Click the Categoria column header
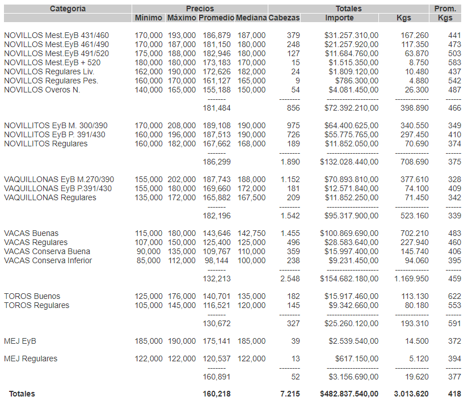[68, 9]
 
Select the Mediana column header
[251, 18]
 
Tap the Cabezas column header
[284, 18]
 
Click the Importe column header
[339, 18]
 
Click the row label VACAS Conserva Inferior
[48, 260]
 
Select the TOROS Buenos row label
[32, 296]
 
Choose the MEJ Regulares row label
[31, 358]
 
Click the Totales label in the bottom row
[22, 394]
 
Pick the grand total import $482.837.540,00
[349, 394]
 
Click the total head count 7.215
[290, 394]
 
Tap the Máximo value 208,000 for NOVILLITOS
[182, 125]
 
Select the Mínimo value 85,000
[149, 260]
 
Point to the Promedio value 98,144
[217, 260]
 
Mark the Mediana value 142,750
[251, 233]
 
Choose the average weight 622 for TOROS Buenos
[454, 296]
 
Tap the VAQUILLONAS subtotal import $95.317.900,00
[351, 216]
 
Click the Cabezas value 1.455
[290, 233]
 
